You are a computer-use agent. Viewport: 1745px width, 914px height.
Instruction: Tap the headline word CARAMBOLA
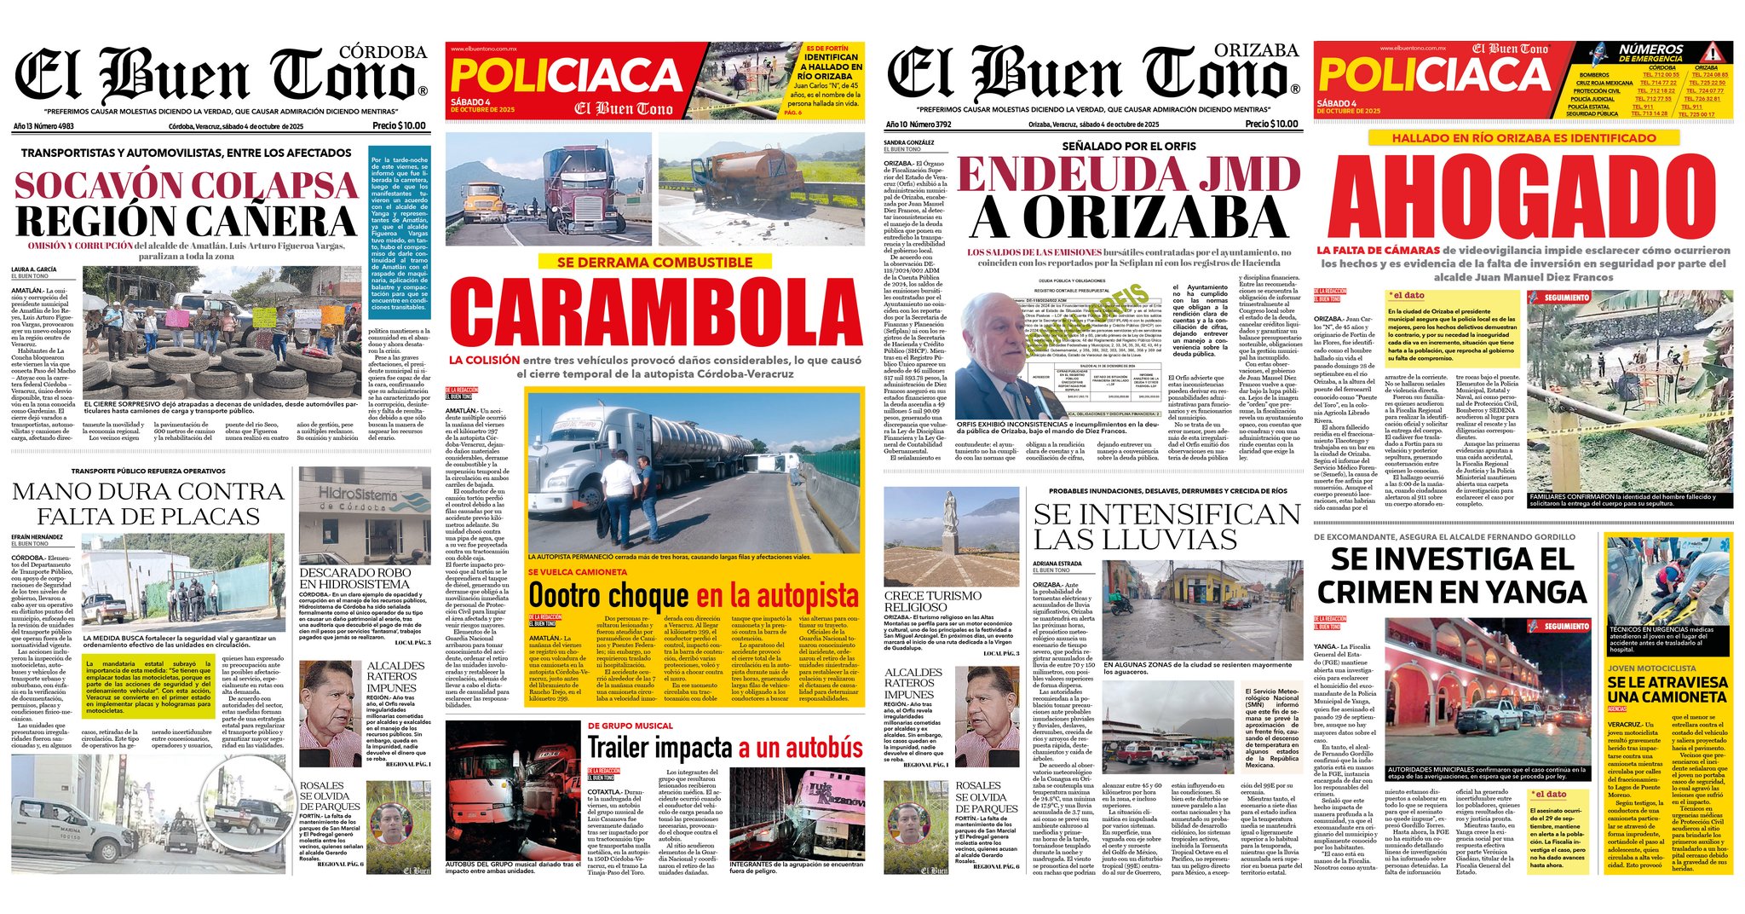point(655,312)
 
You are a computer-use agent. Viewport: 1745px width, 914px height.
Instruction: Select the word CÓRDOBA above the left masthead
point(383,52)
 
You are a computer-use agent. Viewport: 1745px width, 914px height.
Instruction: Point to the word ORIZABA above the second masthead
point(1256,50)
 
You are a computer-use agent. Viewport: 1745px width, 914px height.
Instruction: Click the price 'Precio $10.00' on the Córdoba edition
point(399,125)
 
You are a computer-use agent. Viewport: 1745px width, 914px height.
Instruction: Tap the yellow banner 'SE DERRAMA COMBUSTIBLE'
point(654,262)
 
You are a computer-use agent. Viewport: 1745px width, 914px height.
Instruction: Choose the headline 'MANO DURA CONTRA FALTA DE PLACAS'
point(148,504)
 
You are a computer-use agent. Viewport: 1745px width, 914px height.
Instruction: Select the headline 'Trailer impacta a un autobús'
point(725,748)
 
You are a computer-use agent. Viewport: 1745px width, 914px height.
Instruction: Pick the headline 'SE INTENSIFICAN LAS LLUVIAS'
point(1166,527)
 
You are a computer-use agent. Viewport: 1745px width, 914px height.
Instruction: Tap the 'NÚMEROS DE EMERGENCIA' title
point(1650,53)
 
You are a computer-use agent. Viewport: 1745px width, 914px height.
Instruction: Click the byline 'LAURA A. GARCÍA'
point(34,269)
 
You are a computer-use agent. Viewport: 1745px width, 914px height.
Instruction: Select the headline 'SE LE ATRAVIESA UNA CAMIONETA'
point(1667,689)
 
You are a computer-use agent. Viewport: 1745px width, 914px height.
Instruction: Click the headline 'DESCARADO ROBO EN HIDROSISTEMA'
point(354,578)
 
